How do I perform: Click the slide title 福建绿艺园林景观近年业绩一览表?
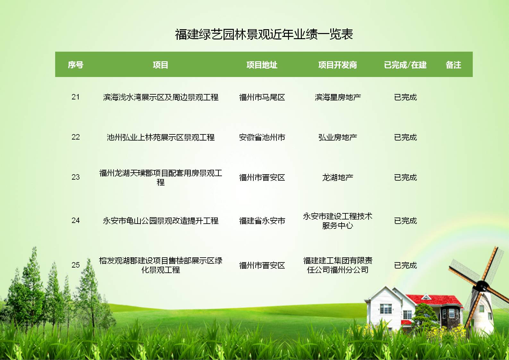[x=264, y=35]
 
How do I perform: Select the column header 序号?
[x=76, y=65]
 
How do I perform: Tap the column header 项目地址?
[x=262, y=65]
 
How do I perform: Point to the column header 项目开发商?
[x=337, y=65]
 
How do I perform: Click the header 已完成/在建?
[x=405, y=65]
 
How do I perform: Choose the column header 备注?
[x=453, y=65]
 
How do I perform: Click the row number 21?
[x=75, y=97]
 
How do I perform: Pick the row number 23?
[x=75, y=177]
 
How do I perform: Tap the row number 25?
[x=75, y=265]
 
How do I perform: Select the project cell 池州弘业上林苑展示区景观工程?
[x=161, y=137]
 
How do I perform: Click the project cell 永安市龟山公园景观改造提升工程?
[x=161, y=221]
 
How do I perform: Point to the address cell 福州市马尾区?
[x=262, y=97]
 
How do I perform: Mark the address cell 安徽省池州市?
[x=262, y=137]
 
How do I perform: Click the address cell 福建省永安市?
[x=262, y=221]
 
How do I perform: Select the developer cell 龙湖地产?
[x=338, y=177]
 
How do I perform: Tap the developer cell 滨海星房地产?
[x=338, y=97]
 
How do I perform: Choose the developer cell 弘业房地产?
[x=338, y=137]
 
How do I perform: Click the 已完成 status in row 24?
[x=405, y=221]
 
